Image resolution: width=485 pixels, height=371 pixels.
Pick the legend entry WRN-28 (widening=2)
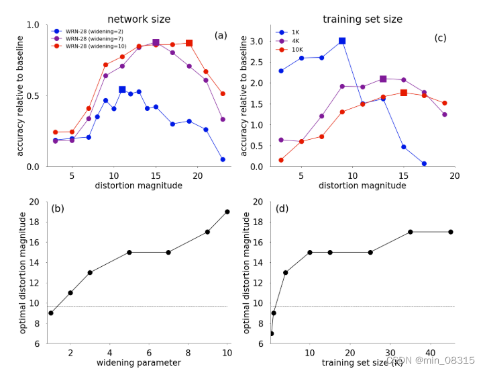click(93, 30)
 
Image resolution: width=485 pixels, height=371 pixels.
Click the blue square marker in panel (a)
click(122, 89)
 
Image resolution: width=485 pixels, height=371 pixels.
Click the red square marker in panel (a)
click(189, 43)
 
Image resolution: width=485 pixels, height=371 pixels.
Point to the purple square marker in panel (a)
click(156, 42)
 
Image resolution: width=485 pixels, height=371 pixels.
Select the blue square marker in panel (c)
click(342, 41)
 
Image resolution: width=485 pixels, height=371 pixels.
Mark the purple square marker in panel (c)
click(383, 79)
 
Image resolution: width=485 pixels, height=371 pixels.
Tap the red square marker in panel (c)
click(403, 93)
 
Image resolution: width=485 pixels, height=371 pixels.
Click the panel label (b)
click(58, 208)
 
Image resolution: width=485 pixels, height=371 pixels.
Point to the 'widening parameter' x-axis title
click(139, 362)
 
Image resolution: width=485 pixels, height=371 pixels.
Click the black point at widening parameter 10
click(227, 212)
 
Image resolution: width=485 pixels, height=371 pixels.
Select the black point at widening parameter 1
click(50, 313)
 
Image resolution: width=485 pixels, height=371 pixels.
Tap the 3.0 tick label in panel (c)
click(255, 42)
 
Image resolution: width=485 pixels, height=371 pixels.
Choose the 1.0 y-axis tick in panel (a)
click(32, 25)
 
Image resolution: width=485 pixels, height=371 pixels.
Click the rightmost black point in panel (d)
click(450, 232)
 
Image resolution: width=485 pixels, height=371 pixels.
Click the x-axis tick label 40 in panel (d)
click(429, 352)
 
